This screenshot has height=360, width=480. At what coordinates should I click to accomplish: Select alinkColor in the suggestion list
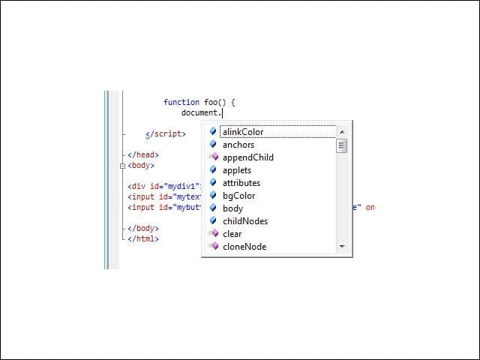tap(243, 132)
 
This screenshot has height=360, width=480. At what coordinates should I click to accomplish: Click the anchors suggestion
tap(238, 145)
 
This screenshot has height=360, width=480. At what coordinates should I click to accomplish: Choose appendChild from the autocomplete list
tap(248, 157)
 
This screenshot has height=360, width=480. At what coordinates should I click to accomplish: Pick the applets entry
tap(237, 170)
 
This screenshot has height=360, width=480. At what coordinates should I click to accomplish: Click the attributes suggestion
tap(241, 183)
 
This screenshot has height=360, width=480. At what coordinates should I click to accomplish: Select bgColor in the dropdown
tap(238, 196)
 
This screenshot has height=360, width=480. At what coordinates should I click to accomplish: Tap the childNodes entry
tap(245, 221)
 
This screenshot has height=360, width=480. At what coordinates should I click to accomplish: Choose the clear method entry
tap(232, 234)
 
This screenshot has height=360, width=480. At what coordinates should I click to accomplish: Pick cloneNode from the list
tap(244, 247)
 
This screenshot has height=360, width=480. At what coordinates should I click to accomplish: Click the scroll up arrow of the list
tap(342, 132)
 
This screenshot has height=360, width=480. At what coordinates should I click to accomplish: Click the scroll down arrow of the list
tap(342, 247)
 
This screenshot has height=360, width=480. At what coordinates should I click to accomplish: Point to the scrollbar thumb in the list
tap(341, 145)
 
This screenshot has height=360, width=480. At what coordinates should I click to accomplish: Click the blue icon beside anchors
tap(213, 144)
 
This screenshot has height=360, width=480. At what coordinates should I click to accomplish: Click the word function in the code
tap(181, 102)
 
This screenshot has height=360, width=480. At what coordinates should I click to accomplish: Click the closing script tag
tap(166, 133)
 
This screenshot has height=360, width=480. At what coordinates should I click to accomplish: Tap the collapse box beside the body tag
tap(122, 166)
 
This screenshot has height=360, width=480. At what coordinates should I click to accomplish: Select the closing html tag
tap(143, 238)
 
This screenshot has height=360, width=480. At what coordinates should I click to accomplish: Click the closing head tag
tap(143, 155)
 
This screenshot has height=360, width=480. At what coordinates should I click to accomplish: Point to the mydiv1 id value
tap(182, 186)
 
